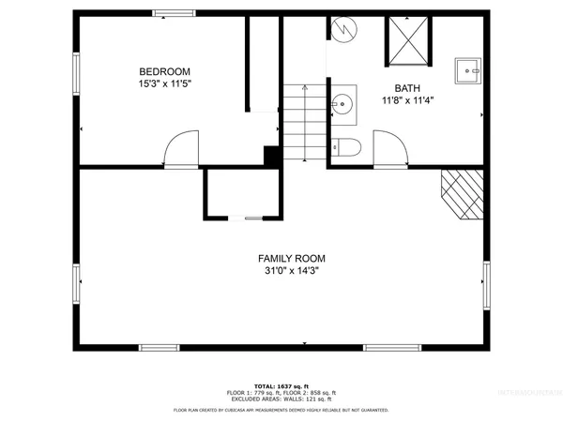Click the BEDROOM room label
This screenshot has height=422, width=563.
point(164,71)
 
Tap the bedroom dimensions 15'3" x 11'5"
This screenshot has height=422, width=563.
point(164,83)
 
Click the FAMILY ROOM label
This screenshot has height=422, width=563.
point(285,259)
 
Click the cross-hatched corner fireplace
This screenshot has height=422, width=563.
point(463,193)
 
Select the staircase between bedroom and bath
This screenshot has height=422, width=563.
point(303,123)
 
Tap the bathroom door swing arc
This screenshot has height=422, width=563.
point(388,149)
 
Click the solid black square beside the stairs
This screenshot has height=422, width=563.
point(273,157)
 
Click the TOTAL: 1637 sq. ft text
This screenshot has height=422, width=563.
point(281,385)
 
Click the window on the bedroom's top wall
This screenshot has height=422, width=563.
point(169,13)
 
